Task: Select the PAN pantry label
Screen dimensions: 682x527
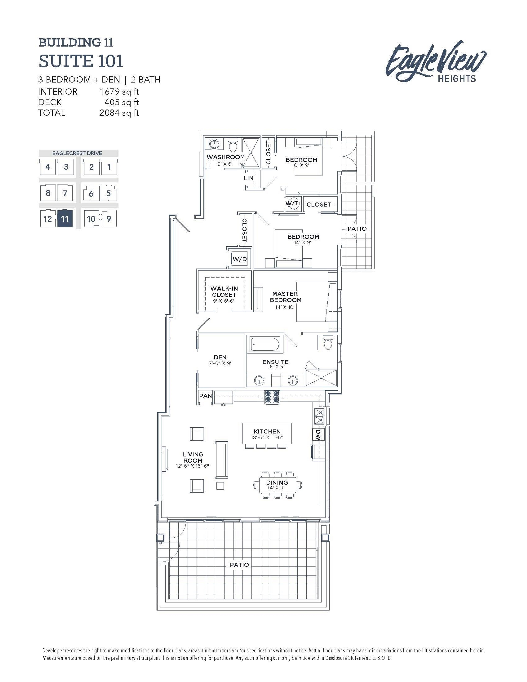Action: [205, 396]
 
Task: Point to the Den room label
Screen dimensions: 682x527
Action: [220, 357]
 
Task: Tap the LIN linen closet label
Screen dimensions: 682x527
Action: [249, 178]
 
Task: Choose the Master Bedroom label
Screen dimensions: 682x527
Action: [285, 297]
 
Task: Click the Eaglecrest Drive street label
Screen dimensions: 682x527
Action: [77, 153]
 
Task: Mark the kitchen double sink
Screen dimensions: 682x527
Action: [319, 416]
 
